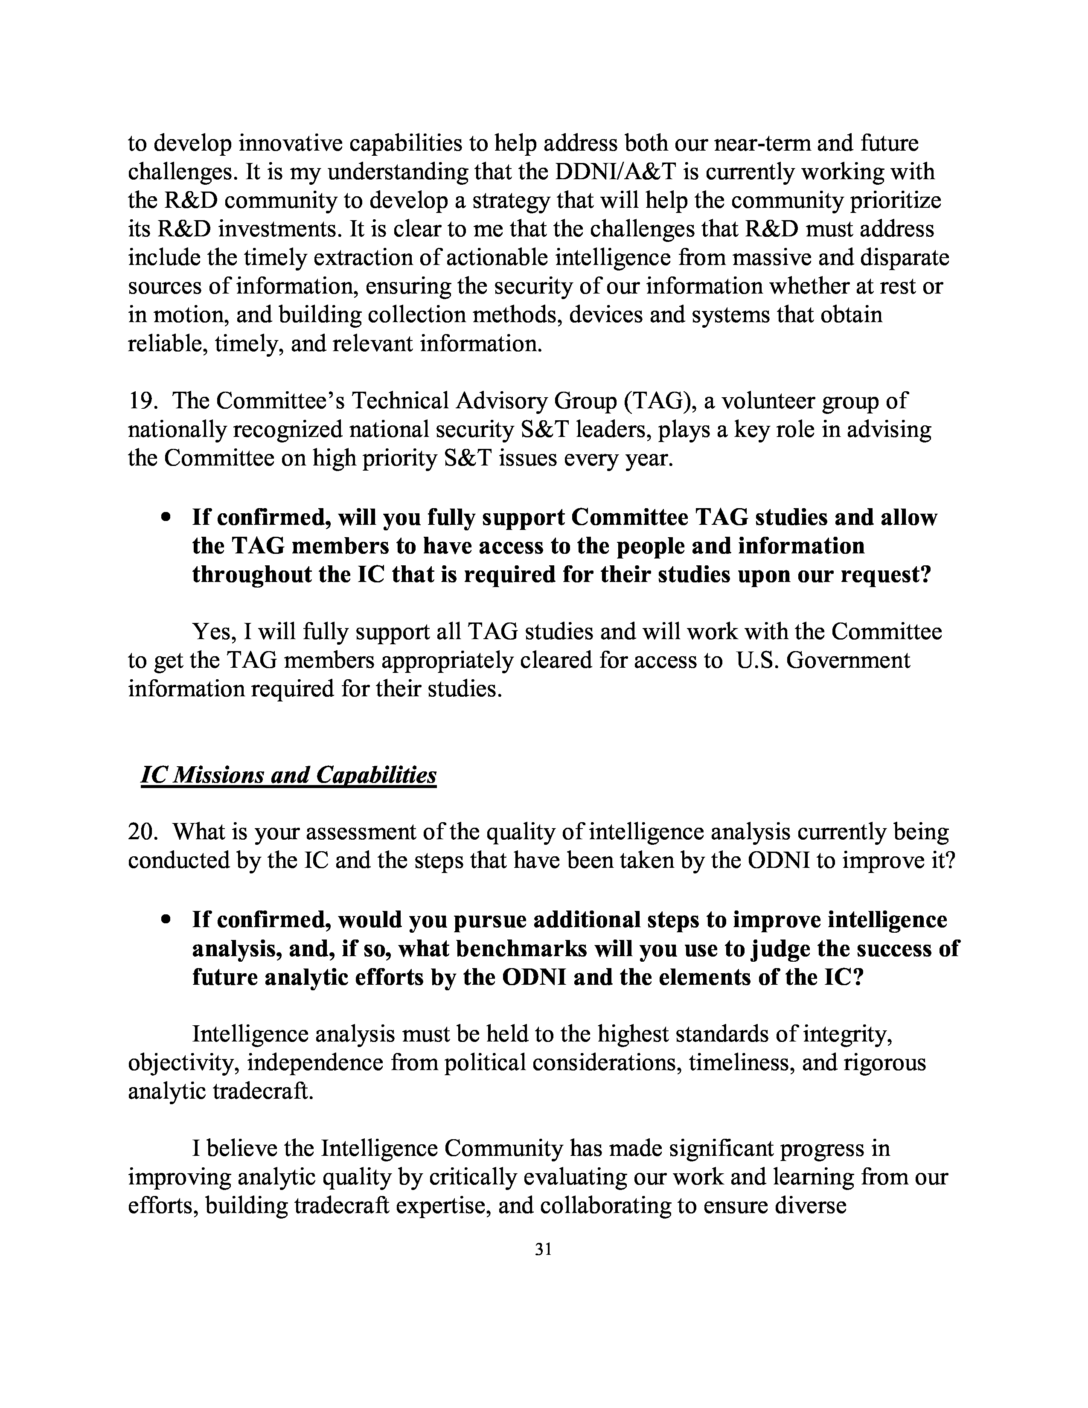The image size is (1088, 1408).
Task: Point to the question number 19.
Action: [x=140, y=401]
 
